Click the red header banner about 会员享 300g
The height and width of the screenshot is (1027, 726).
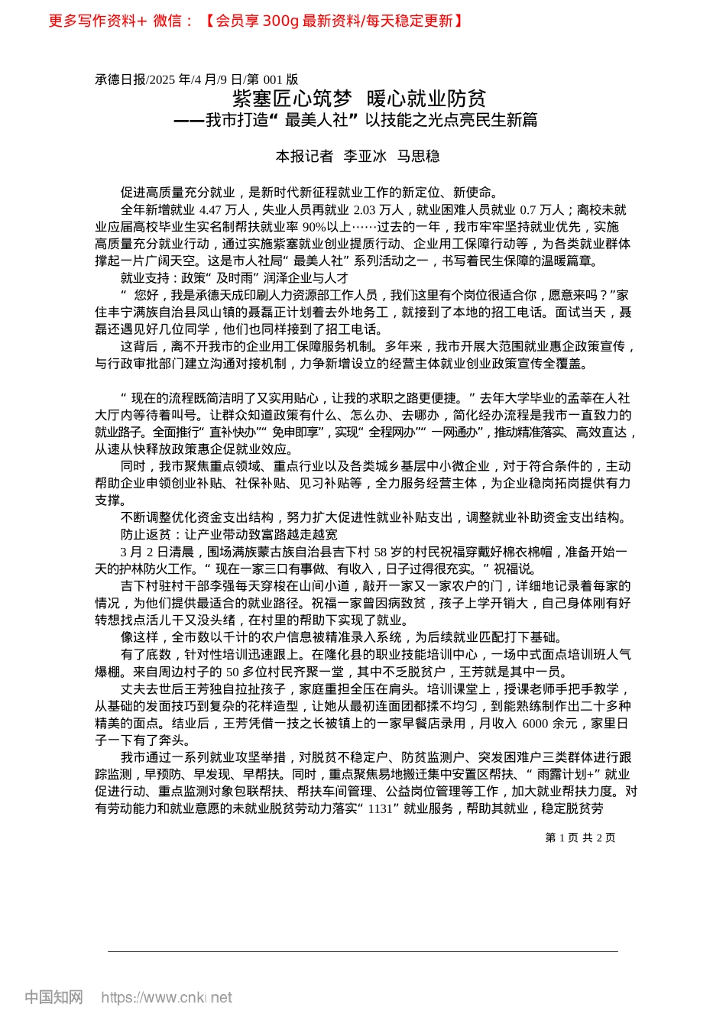pos(256,21)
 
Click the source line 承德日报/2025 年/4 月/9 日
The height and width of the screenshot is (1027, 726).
pos(196,79)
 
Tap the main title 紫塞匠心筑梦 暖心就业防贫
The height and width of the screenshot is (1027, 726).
pos(359,99)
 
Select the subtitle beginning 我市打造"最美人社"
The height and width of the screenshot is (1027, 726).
pos(356,120)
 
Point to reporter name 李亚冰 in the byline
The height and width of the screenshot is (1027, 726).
pos(365,157)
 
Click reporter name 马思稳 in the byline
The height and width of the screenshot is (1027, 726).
pos(418,157)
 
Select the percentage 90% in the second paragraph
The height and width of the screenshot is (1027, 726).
pos(314,227)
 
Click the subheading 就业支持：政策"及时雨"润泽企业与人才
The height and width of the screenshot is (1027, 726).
pos(234,278)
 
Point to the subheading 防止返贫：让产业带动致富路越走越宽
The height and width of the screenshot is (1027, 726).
pos(228,535)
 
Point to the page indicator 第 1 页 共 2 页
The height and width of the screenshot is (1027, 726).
pos(580,837)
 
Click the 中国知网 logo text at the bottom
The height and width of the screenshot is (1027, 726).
pos(53,997)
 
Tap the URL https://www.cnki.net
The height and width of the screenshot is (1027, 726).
pos(167,997)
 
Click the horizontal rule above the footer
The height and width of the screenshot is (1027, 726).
pos(363,951)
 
